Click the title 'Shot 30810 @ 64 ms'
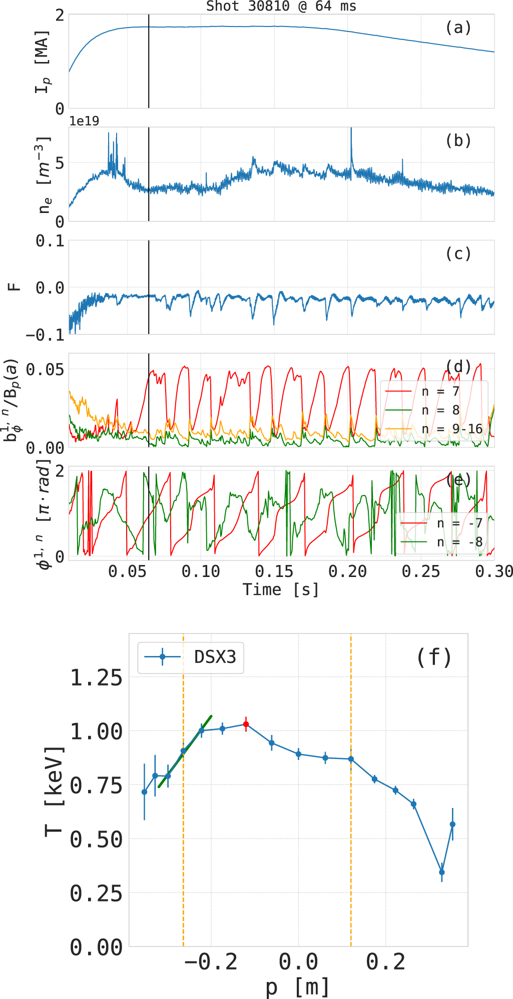(281, 6)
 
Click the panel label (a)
(458, 27)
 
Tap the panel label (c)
(458, 253)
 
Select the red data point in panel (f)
(246, 724)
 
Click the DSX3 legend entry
(191, 656)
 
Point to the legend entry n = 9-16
(433, 429)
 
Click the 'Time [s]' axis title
(281, 589)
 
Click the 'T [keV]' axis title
(54, 790)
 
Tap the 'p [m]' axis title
(298, 986)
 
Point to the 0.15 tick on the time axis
(274, 571)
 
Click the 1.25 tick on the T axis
(96, 678)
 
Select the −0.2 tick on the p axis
(211, 961)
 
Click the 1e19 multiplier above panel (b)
(84, 121)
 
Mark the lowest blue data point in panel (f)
(441, 872)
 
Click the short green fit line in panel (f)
(185, 751)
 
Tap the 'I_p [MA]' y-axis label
(43, 61)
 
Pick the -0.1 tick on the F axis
(45, 334)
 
